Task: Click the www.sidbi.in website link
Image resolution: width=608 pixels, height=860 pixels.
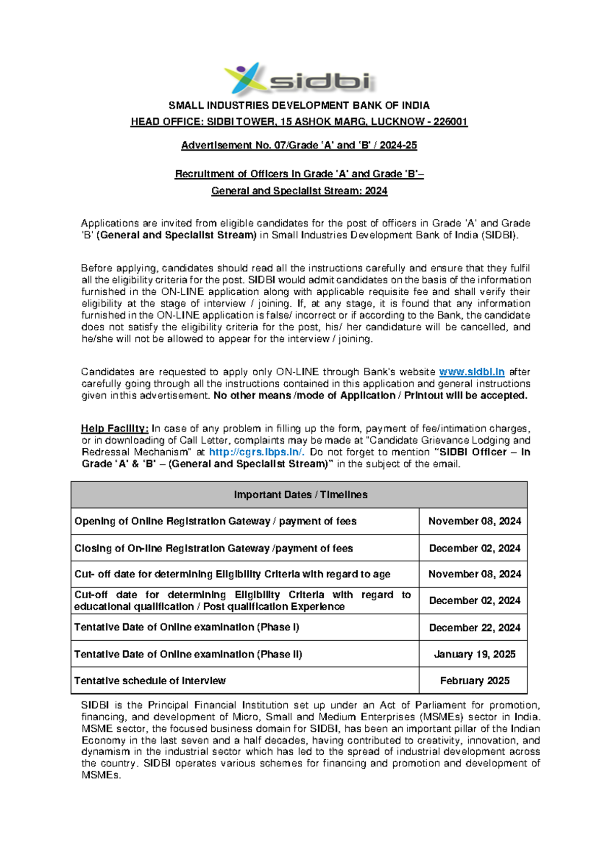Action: [471, 372]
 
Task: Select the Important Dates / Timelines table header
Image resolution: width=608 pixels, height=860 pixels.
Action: [300, 495]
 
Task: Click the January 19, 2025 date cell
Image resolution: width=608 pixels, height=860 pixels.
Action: [474, 654]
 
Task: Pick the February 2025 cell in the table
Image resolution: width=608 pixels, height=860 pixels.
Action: [474, 681]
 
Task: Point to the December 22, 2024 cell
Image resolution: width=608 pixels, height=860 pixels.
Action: [474, 628]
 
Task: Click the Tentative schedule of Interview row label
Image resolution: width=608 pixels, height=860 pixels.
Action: [150, 681]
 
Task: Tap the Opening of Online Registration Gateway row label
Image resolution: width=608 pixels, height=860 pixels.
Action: [215, 521]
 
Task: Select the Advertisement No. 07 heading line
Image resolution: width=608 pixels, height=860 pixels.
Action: [299, 145]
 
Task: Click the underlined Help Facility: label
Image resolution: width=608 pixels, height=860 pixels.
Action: [115, 428]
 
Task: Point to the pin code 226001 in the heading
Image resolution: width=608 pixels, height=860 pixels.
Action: [450, 122]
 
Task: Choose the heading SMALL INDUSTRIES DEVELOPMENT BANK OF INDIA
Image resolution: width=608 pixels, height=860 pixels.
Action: [299, 105]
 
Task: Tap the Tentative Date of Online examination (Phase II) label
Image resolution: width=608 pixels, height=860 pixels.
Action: [188, 654]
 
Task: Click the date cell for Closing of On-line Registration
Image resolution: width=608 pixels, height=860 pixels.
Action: [474, 548]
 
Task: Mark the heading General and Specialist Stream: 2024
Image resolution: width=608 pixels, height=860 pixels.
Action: [299, 191]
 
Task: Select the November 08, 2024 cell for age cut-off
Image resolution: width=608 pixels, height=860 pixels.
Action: [474, 574]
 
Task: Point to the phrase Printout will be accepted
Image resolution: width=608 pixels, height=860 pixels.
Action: [466, 396]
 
